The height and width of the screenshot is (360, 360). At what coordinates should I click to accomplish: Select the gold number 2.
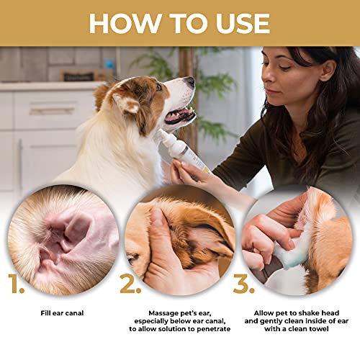tap(130, 284)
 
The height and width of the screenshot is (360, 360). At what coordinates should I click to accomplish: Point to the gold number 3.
tap(245, 284)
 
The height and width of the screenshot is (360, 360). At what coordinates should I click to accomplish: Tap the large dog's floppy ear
tap(127, 104)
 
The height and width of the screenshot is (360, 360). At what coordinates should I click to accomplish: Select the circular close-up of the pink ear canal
tap(63, 238)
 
